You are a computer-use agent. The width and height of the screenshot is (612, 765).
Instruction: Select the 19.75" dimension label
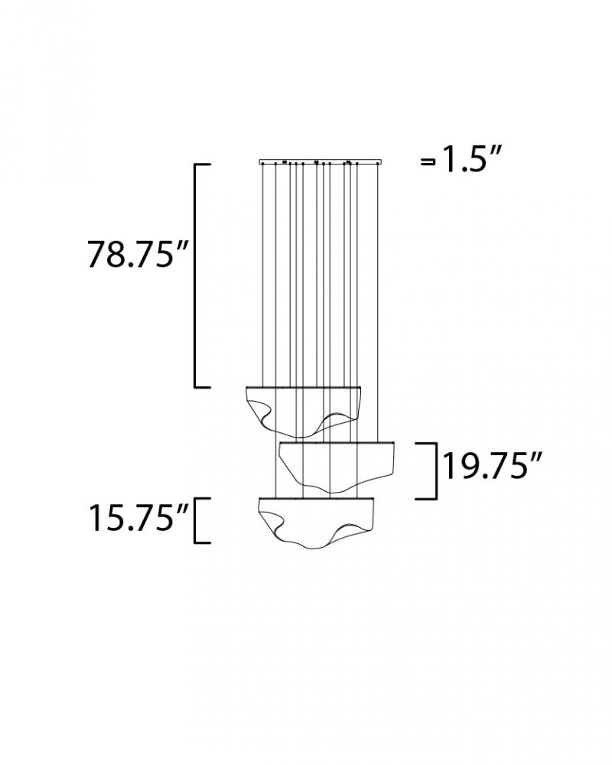(x=493, y=467)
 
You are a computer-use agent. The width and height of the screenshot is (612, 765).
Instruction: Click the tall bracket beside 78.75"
(x=196, y=276)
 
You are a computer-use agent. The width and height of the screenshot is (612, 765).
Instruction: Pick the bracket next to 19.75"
(x=435, y=470)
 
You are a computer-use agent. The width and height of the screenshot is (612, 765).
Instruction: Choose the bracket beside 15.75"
(x=195, y=520)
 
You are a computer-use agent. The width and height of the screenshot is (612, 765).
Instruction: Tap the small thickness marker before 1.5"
(x=428, y=162)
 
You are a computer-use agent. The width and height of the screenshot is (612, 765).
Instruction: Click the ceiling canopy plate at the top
(x=321, y=162)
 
